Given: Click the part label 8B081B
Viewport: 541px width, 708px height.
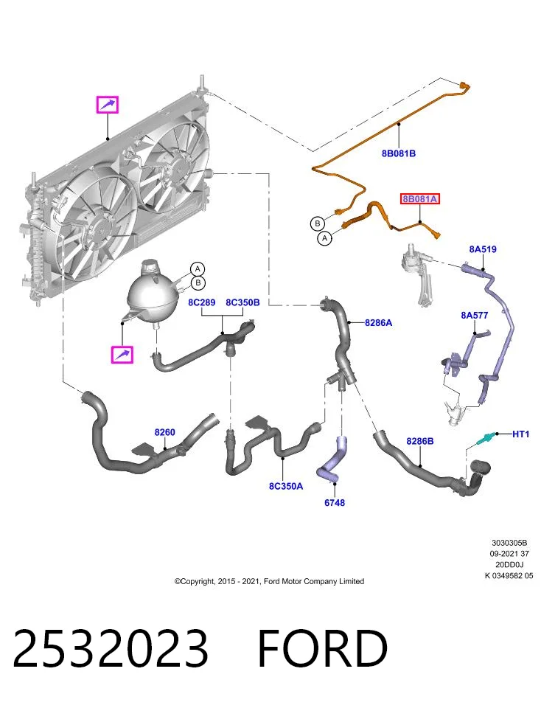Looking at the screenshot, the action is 399,153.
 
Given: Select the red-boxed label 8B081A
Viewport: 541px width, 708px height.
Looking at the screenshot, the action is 419,198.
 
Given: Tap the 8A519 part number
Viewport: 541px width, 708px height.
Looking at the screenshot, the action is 483,249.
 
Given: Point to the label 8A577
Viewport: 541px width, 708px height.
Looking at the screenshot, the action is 474,315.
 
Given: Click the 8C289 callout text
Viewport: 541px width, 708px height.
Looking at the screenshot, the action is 202,302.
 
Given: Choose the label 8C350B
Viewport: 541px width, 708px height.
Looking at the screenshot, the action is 242,302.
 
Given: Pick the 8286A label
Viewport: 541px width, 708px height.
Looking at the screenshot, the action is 379,323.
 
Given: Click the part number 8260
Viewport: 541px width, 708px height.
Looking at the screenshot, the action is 164,432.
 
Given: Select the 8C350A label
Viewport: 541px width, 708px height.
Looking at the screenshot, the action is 286,486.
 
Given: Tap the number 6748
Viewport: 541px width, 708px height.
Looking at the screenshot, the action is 335,502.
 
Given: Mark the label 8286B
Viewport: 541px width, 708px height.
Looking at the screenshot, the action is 420,441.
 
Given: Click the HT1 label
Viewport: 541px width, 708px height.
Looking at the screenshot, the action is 520,434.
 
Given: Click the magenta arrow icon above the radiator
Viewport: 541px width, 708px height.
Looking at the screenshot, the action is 108,105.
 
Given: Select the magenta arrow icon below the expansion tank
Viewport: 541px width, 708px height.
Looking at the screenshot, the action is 122,355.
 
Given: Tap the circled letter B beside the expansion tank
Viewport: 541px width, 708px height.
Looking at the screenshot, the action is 198,283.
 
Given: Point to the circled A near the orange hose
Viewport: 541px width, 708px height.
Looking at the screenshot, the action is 325,237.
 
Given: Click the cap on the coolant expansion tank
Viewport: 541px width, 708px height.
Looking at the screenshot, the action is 148,266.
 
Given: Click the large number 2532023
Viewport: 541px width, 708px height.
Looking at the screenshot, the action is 111,648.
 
